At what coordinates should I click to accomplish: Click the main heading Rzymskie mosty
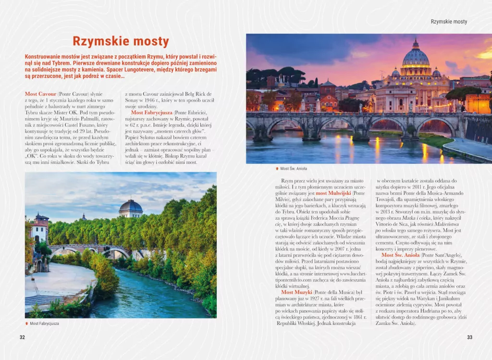point(121,41)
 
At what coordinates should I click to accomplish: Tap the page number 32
point(22,337)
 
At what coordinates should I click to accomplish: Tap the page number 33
point(469,337)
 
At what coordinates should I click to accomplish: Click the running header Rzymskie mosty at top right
point(449,22)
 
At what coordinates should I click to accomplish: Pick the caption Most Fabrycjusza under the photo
point(44,323)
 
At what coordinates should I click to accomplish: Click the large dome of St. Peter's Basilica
point(416,56)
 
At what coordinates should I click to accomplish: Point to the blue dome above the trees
point(131,207)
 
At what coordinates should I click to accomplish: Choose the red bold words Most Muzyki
point(296,292)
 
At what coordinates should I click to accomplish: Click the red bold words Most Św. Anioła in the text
point(401,255)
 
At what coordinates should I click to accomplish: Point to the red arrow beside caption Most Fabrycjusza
point(26,323)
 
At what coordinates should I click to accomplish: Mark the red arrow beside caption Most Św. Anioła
point(276,169)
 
